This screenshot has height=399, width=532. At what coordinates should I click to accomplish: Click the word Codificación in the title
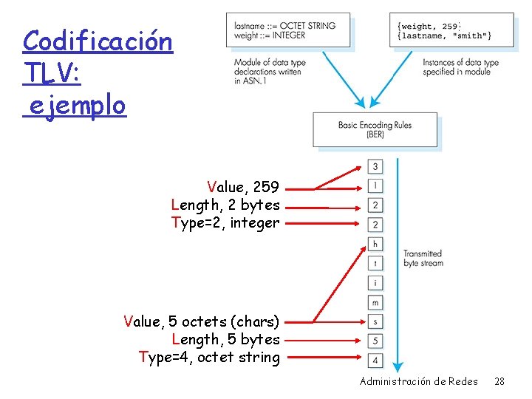[x=98, y=41]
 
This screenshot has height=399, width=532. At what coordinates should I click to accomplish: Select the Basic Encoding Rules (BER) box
[x=375, y=130]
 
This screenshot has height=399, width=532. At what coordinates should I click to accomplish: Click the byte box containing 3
[x=376, y=166]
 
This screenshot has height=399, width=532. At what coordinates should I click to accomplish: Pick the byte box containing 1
[x=376, y=185]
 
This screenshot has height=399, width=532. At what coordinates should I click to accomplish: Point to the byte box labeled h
[x=376, y=244]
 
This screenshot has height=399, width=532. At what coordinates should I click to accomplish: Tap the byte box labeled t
[x=376, y=263]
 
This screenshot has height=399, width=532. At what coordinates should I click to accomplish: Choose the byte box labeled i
[x=376, y=282]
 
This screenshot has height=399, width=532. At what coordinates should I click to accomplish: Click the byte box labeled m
[x=376, y=302]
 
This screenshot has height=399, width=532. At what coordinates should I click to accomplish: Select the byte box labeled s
[x=376, y=321]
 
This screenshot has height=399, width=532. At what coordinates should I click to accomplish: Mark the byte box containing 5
[x=376, y=341]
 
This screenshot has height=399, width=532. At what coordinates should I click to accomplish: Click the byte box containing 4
[x=376, y=360]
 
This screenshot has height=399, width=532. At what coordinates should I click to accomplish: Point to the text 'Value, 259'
[x=243, y=188]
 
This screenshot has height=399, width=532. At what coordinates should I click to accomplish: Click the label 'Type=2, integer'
[x=225, y=222]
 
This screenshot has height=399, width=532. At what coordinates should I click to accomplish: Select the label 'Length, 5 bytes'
[x=225, y=340]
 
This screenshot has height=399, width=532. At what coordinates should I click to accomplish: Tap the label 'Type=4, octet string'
[x=210, y=358]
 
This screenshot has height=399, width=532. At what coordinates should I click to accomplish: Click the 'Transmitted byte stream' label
[x=423, y=259]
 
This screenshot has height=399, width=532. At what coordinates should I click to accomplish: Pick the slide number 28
[x=499, y=381]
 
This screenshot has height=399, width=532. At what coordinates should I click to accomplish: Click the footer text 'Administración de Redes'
[x=418, y=381]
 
